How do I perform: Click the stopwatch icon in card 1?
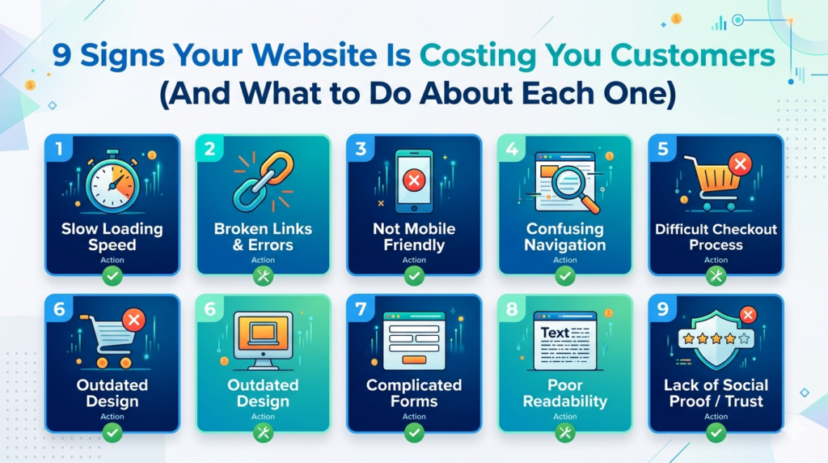point(114,183)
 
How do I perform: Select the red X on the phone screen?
point(413,179)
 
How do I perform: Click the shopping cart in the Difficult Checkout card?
point(711,181)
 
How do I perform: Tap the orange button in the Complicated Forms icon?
point(414,359)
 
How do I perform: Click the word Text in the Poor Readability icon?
point(555,333)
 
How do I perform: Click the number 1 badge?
point(59,148)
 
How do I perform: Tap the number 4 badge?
point(510,149)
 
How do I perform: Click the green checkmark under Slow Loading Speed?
point(112,277)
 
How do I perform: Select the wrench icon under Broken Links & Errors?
point(263,277)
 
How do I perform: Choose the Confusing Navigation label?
point(564,237)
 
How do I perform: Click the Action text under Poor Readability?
point(565,417)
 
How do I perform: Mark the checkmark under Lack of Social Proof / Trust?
point(716,433)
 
